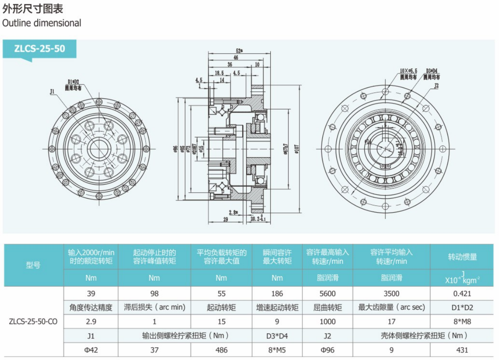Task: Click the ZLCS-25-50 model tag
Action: tap(40, 48)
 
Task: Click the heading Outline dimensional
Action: tap(42, 23)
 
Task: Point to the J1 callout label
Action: tap(53, 91)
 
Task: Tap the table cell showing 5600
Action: tap(327, 294)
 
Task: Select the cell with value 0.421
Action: tap(462, 294)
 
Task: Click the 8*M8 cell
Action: tap(462, 321)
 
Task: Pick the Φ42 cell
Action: tap(91, 350)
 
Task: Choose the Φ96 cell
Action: tap(327, 350)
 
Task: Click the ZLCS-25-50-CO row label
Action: tap(33, 321)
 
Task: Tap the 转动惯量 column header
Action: tap(462, 257)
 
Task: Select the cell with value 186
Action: tap(277, 294)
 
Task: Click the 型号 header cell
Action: tap(33, 266)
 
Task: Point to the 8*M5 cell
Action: tap(277, 350)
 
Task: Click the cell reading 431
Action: tap(462, 350)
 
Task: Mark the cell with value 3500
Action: tap(391, 294)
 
